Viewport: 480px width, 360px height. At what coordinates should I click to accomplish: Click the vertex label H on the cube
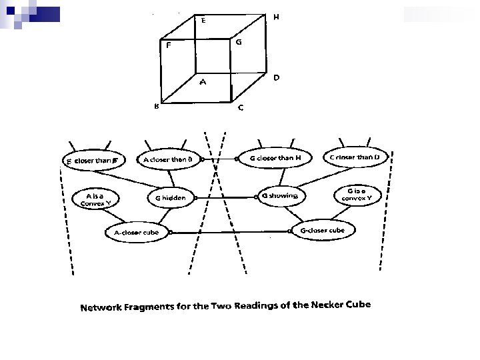pyautogui.click(x=276, y=17)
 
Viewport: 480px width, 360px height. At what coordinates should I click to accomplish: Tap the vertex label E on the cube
pyautogui.click(x=203, y=20)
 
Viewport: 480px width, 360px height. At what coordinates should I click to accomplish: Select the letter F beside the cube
pyautogui.click(x=169, y=46)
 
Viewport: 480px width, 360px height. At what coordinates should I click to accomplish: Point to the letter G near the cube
pyautogui.click(x=239, y=42)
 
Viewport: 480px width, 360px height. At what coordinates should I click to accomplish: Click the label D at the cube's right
pyautogui.click(x=276, y=77)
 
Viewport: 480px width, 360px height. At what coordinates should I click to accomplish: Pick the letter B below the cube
pyautogui.click(x=156, y=105)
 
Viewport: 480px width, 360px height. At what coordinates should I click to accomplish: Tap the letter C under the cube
pyautogui.click(x=241, y=108)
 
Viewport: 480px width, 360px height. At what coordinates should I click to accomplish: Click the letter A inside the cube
pyautogui.click(x=204, y=83)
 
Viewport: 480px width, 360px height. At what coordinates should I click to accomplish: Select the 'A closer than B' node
pyautogui.click(x=168, y=160)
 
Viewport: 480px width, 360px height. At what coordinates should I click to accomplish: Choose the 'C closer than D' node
pyautogui.click(x=355, y=157)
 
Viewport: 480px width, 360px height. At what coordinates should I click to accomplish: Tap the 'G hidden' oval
pyautogui.click(x=171, y=198)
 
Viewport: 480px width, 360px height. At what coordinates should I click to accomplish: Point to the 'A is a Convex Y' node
pyautogui.click(x=94, y=199)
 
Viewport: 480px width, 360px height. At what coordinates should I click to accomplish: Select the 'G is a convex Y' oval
pyautogui.click(x=357, y=194)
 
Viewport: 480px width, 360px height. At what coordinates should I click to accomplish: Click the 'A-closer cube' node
pyautogui.click(x=137, y=232)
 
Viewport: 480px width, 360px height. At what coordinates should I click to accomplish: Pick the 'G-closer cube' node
pyautogui.click(x=323, y=230)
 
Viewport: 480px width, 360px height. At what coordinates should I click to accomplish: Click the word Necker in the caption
pyautogui.click(x=309, y=306)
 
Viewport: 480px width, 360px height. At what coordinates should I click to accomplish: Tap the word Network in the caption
pyautogui.click(x=103, y=308)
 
